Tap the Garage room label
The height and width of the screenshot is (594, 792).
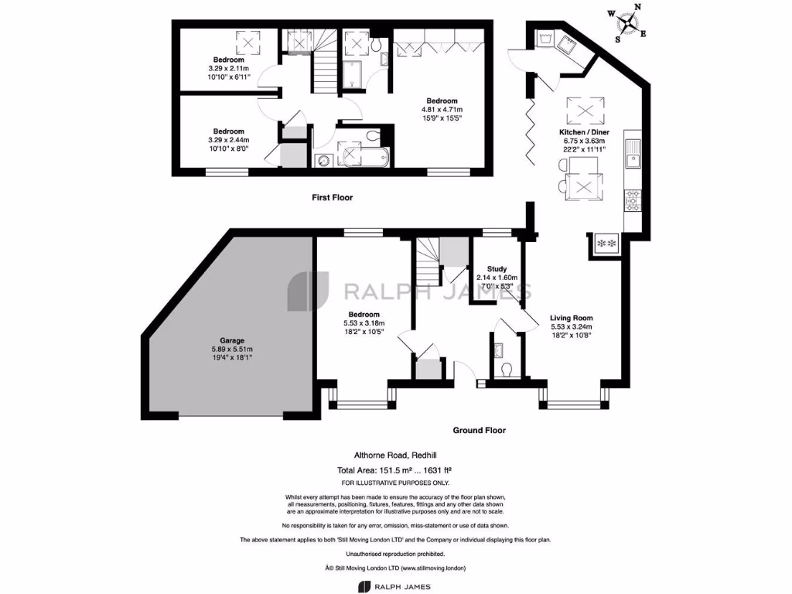point(232,340)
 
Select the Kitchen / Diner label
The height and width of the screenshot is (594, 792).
point(584,132)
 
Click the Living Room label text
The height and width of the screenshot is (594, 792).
point(572,318)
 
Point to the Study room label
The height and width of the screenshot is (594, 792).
point(497,268)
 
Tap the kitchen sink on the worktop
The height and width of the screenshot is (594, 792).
point(632,154)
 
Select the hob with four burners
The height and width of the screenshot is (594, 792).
point(633,200)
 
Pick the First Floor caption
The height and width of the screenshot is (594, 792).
point(332,197)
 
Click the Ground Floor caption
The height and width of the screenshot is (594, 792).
point(479,430)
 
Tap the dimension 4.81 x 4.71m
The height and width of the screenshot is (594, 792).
point(442,110)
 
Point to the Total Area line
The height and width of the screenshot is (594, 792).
point(394,470)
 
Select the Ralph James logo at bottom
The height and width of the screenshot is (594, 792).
point(394,586)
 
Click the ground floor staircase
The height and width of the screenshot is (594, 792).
point(427,261)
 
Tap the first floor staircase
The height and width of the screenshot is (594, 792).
point(325,60)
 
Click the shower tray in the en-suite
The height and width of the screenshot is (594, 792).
point(353,74)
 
